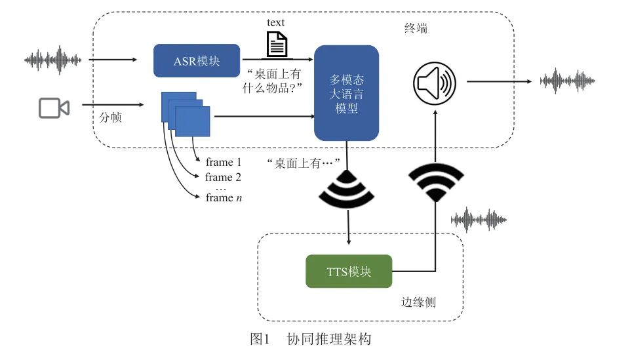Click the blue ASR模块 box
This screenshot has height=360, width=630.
coord(197,61)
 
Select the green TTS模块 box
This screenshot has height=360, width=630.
coord(349,271)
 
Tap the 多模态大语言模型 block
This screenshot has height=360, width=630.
coord(346,93)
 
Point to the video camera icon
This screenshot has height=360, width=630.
coord(54,108)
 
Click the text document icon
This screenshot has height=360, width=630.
coord(276,44)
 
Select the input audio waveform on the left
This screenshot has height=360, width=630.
coord(53,60)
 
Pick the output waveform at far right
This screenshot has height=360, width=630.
coord(567,81)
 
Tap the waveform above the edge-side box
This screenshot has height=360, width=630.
coord(479,220)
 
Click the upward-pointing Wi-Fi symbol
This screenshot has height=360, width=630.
coord(436,181)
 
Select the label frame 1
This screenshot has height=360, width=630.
coord(224,161)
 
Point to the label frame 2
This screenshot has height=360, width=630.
coord(224,177)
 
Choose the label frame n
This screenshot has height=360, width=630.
coord(224,198)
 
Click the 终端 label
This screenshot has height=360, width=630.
coord(416,30)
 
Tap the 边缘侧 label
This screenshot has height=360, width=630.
coord(418,302)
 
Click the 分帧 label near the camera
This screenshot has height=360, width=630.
coord(110,119)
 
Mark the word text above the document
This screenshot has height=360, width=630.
coord(276,22)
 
